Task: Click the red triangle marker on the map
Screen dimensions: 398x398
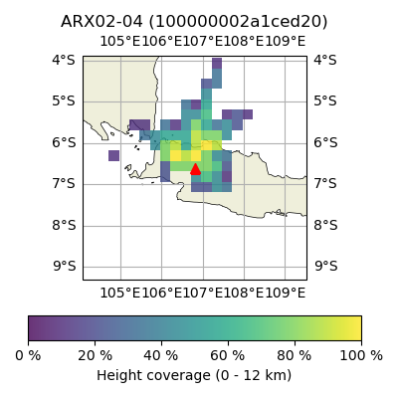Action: pyautogui.click(x=195, y=169)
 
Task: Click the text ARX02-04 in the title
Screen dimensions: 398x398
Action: pyautogui.click(x=101, y=22)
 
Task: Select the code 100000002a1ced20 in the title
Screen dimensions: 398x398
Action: pyautogui.click(x=238, y=22)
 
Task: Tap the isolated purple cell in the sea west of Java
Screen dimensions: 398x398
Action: pyautogui.click(x=113, y=155)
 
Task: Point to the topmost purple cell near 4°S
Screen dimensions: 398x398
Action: pyautogui.click(x=217, y=63)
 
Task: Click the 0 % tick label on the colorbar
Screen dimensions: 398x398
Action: pyautogui.click(x=28, y=356)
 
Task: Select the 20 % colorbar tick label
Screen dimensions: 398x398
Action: pyautogui.click(x=95, y=356)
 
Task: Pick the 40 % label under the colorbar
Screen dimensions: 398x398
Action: pyautogui.click(x=161, y=356)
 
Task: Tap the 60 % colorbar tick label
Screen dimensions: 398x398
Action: pyautogui.click(x=228, y=356)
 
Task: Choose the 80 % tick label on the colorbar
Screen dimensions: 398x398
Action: pyautogui.click(x=295, y=356)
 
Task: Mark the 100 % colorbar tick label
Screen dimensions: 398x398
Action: pyautogui.click(x=361, y=356)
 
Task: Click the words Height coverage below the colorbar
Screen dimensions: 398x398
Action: pyautogui.click(x=153, y=376)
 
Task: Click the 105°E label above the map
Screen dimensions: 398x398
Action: pyautogui.click(x=120, y=42)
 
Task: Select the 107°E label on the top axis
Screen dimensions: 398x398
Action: pyautogui.click(x=203, y=42)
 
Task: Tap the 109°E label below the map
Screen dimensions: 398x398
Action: pyautogui.click(x=286, y=294)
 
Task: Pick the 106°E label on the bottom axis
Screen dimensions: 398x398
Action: pyautogui.click(x=162, y=294)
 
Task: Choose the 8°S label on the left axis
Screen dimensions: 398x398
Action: pyautogui.click(x=64, y=226)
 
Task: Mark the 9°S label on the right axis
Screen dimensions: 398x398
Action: pyautogui.click(x=326, y=266)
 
